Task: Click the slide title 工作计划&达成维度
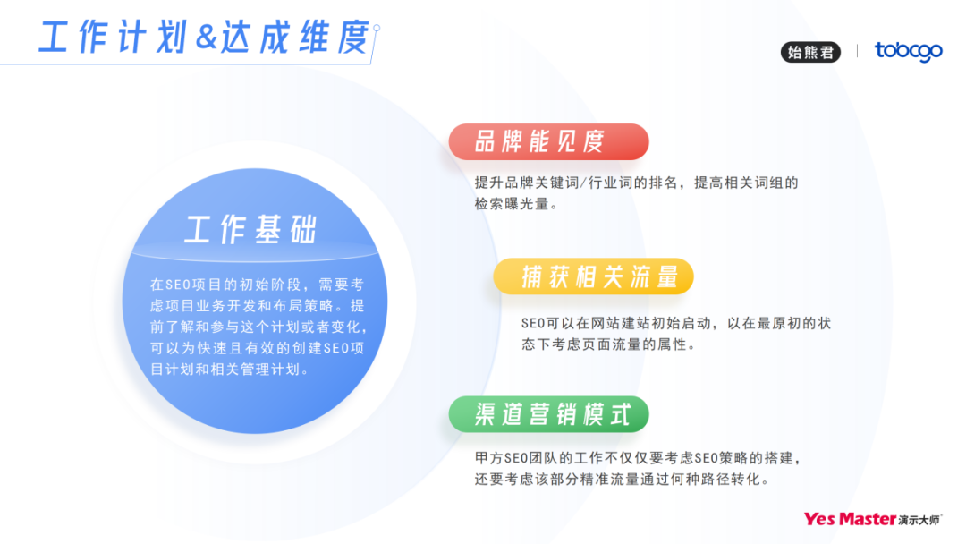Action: point(204,38)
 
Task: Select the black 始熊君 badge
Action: point(811,52)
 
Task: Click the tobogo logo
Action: point(908,52)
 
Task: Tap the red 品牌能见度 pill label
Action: point(548,141)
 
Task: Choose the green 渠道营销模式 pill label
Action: point(548,413)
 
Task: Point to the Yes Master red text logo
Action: point(849,519)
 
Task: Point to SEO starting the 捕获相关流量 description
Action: point(534,323)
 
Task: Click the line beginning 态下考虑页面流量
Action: point(608,344)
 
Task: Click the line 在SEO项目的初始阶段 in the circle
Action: point(256,285)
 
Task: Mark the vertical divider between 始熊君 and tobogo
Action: point(857,51)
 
